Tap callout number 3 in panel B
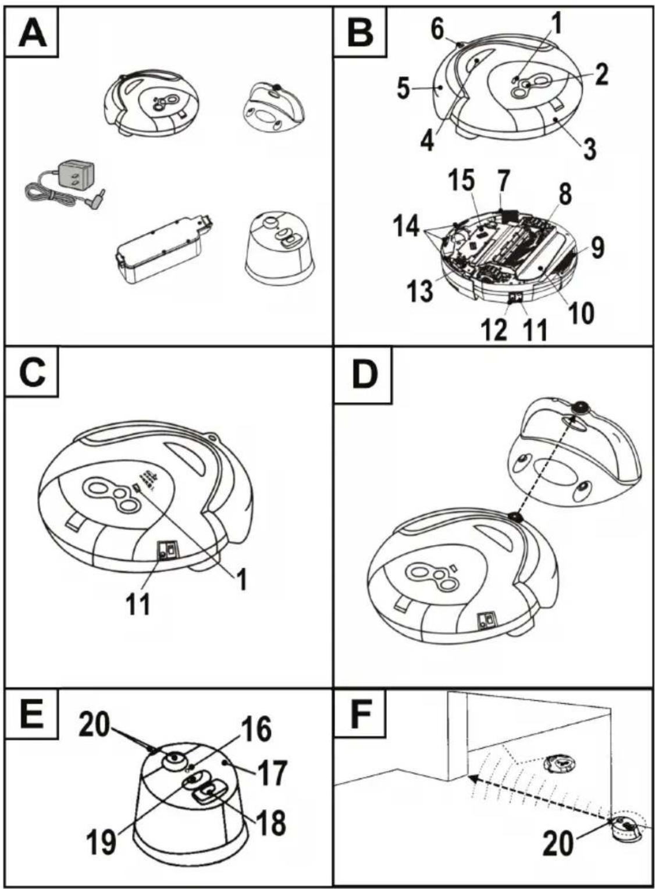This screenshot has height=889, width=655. click(589, 148)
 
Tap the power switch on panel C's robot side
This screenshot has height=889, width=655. click(168, 551)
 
